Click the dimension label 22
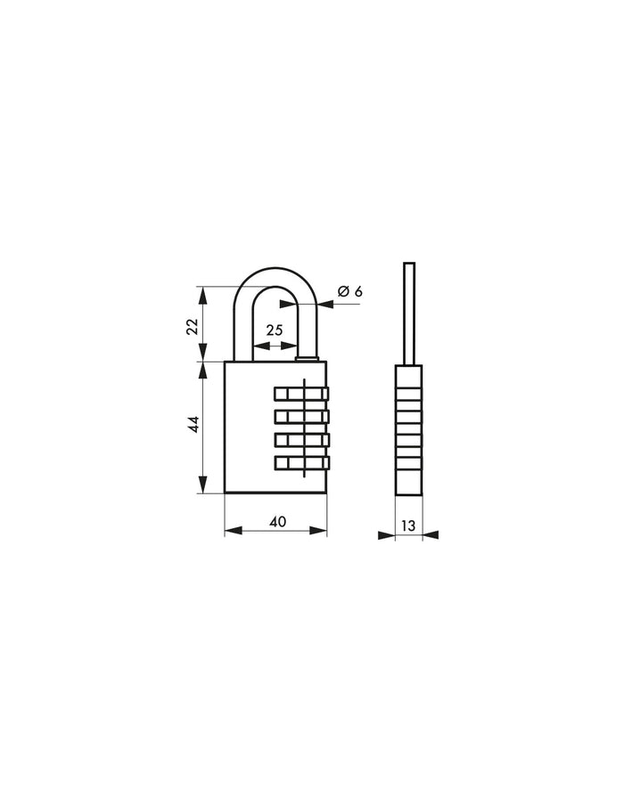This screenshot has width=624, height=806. click(191, 326)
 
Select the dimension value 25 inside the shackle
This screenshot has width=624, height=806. click(274, 330)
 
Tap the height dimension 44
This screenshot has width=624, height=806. click(191, 425)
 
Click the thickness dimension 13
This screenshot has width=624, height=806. click(407, 525)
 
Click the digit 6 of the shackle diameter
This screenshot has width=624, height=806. click(358, 291)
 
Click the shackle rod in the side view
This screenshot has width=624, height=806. click(409, 312)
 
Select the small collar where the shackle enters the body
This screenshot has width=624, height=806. click(306, 359)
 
